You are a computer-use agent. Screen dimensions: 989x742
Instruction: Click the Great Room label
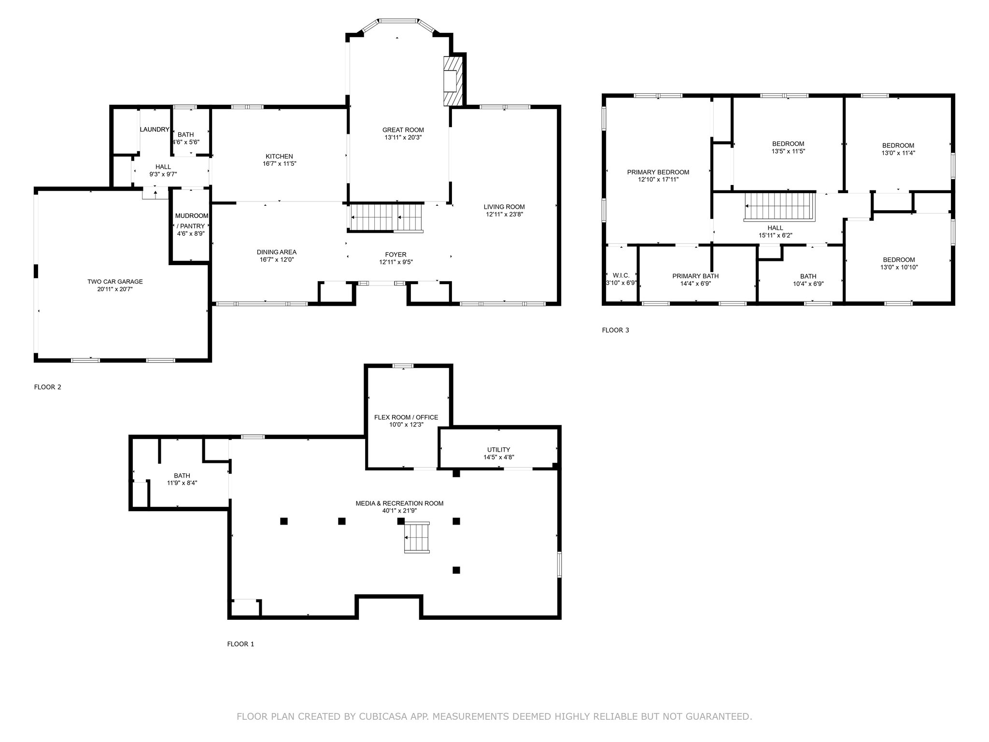click(403, 130)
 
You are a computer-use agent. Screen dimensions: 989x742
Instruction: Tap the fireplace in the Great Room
click(453, 81)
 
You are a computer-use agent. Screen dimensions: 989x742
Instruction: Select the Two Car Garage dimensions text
click(115, 289)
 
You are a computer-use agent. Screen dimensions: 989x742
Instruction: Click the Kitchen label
click(279, 157)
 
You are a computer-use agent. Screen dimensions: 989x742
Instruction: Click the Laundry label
click(155, 129)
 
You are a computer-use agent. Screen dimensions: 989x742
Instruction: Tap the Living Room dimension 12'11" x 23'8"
click(504, 214)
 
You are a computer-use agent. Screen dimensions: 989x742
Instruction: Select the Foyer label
click(396, 255)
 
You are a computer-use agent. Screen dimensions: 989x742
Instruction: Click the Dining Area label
click(277, 252)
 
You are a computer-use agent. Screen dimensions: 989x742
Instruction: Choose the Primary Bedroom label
click(658, 172)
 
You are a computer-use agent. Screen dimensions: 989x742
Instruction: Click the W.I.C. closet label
click(621, 275)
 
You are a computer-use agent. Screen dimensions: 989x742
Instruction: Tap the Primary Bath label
click(695, 276)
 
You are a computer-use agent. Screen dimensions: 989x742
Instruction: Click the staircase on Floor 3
click(780, 207)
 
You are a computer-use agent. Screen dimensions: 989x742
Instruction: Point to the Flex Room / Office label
click(406, 417)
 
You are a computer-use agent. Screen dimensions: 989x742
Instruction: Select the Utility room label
click(499, 450)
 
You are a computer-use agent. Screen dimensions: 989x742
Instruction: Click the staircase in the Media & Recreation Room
click(417, 537)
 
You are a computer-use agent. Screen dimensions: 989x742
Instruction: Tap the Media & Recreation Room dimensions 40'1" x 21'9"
click(400, 511)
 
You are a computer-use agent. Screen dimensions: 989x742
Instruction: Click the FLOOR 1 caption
click(240, 644)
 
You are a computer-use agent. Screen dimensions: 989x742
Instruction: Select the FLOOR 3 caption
click(615, 330)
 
